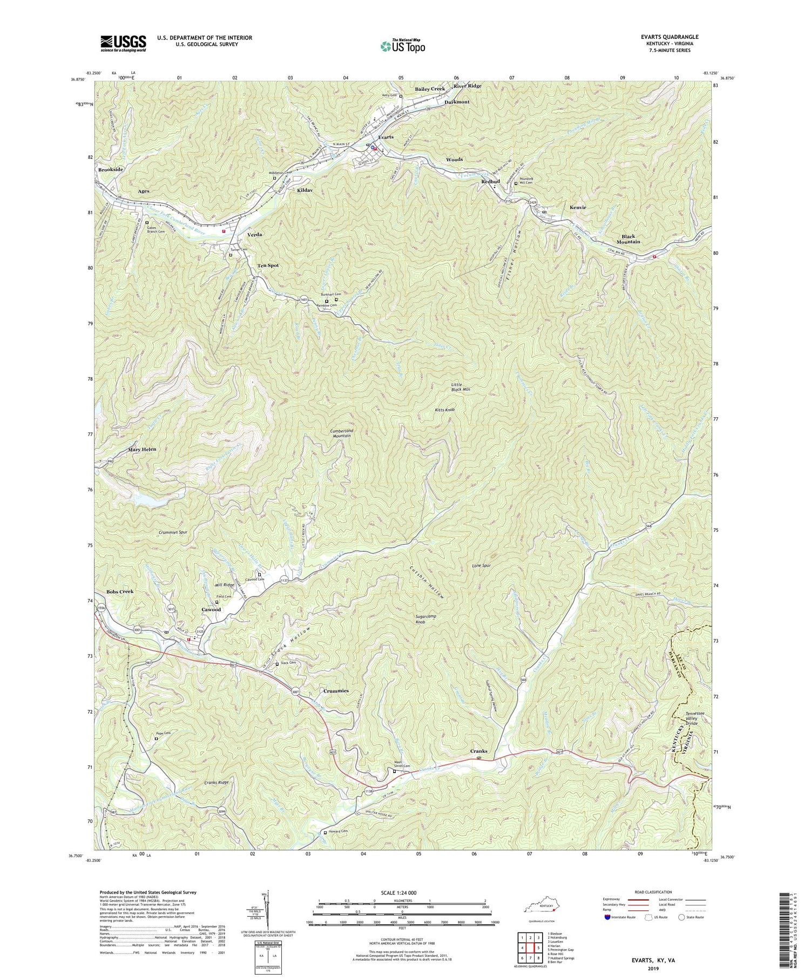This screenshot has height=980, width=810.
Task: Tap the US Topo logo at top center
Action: tap(402, 46)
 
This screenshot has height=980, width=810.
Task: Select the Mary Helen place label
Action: tap(141, 449)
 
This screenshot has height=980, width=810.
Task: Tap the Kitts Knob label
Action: tap(444, 410)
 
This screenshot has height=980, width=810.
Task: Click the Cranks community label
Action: tap(478, 751)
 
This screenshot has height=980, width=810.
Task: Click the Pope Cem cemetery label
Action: tap(164, 733)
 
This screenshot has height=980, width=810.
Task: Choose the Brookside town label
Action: tap(111, 169)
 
